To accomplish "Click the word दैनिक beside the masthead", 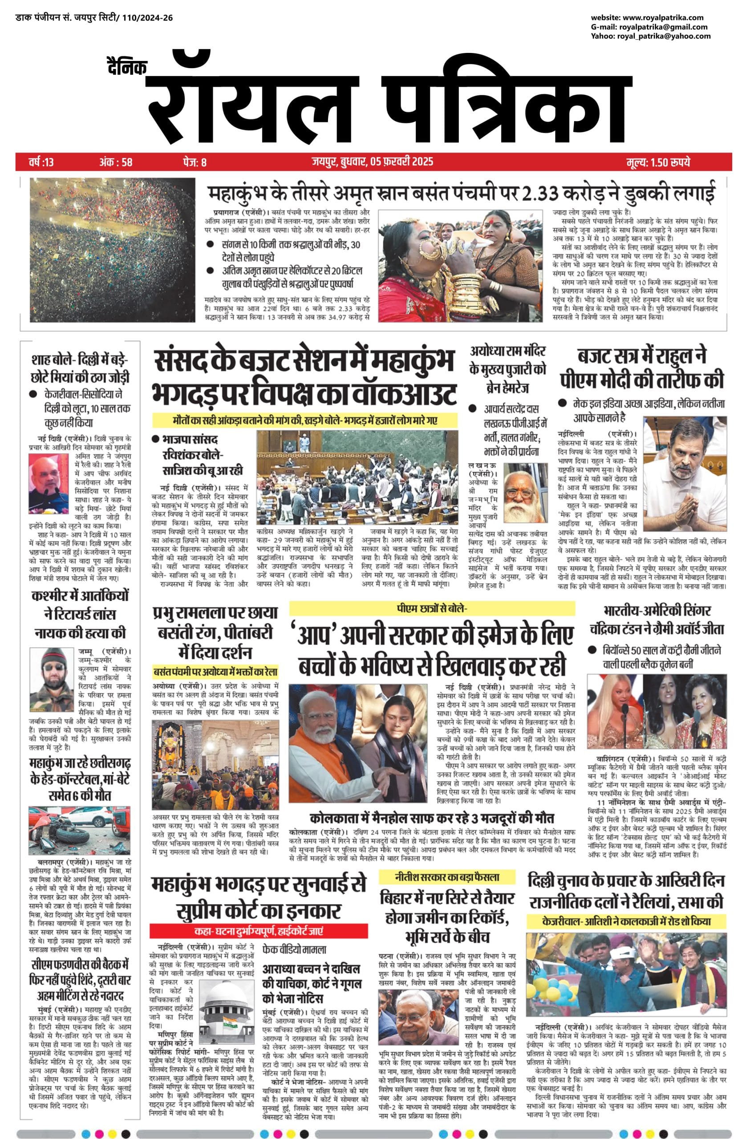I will coord(126,67).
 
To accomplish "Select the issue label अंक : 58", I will coord(116,162).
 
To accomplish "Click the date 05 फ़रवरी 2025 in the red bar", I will coord(401,162).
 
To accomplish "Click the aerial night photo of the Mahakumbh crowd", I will coord(113,250).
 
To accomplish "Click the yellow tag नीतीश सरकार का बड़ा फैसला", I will coord(447,877).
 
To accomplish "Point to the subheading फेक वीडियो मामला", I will coord(294,949).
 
